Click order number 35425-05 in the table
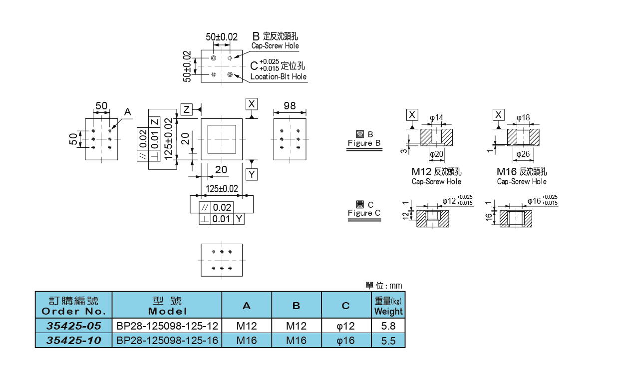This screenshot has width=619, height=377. (73, 326)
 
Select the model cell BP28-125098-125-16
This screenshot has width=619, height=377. (167, 341)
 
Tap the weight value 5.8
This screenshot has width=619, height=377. (388, 326)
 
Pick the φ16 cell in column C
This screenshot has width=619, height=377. (346, 341)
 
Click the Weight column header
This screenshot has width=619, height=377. (388, 306)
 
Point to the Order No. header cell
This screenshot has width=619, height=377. (73, 306)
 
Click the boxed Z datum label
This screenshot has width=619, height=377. (186, 109)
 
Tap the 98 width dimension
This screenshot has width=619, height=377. (290, 106)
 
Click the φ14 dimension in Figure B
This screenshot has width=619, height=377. (437, 118)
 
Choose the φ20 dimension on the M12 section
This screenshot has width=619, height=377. (437, 154)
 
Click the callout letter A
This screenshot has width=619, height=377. (127, 113)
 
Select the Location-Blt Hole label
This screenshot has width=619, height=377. (278, 76)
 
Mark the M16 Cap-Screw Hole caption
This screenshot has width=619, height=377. (522, 176)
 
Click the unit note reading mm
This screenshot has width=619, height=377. (395, 286)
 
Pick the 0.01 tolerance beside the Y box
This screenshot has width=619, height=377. (222, 219)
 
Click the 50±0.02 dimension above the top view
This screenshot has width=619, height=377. (222, 37)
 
